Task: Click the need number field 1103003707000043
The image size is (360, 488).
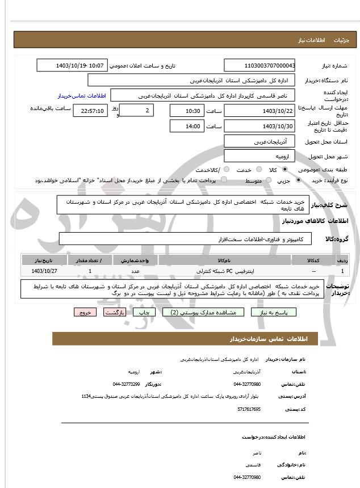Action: [x=259, y=66]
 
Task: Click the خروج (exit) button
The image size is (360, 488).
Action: [x=85, y=312]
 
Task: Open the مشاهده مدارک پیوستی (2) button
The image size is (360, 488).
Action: [x=203, y=312]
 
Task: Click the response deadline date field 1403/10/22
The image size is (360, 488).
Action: [x=259, y=111]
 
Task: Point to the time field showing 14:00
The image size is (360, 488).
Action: [x=186, y=126]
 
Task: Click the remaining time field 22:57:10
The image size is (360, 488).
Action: [x=90, y=111]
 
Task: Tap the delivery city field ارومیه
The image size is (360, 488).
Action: [x=259, y=155]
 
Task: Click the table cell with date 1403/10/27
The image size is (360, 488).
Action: [x=45, y=271]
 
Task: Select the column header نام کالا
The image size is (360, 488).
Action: [x=225, y=260]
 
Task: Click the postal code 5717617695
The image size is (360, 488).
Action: [x=249, y=409]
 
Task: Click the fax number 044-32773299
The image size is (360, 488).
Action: [x=126, y=384]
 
